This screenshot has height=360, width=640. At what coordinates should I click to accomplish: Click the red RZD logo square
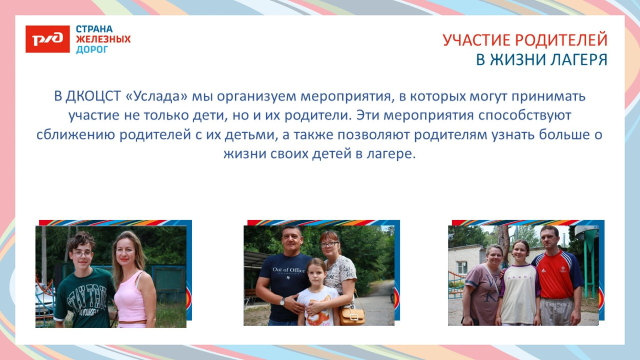(47, 39)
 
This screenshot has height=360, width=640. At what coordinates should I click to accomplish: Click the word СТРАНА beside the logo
(94, 29)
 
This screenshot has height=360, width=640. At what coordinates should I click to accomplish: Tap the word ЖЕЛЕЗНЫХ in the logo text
(103, 39)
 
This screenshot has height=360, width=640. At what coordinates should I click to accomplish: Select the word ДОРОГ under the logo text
(92, 50)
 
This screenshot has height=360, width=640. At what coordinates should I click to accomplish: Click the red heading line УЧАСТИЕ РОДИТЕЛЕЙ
(525, 40)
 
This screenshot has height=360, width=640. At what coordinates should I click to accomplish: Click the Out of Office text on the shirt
(288, 270)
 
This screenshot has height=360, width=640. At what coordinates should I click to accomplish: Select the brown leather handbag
(352, 315)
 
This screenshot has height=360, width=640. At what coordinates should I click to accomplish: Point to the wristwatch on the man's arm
(282, 302)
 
